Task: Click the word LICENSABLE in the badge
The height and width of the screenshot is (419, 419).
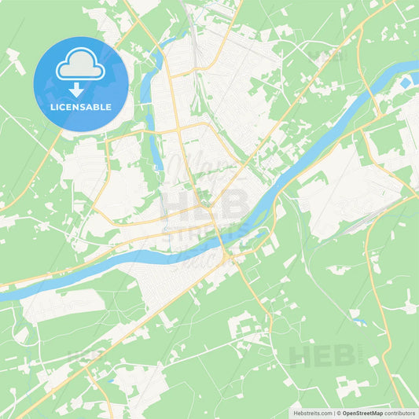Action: coord(81,107)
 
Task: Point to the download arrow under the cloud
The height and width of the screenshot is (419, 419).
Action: coord(80,88)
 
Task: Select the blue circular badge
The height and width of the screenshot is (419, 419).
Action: coord(81,83)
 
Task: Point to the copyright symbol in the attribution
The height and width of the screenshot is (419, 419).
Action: coord(339,412)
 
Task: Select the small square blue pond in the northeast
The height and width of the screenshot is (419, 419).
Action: coord(405,83)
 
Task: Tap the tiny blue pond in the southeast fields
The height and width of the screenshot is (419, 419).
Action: coord(358,322)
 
